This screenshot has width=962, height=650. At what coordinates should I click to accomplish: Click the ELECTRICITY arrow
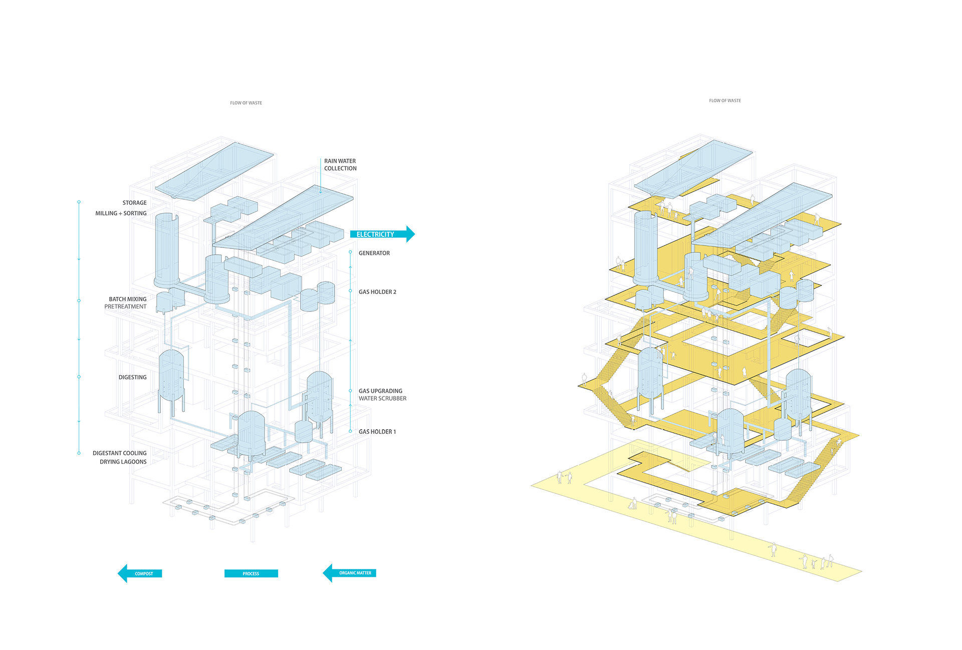381,234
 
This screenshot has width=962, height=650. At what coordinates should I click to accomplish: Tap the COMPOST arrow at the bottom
141,573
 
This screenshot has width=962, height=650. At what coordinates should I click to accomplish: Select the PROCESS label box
251,573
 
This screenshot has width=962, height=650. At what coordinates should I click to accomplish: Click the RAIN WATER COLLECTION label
340,165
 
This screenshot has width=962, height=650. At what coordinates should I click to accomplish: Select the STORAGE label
134,203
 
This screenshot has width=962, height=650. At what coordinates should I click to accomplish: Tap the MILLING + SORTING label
121,213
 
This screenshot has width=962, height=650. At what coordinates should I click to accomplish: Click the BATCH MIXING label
128,299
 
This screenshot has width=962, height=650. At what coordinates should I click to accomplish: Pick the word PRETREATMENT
125,306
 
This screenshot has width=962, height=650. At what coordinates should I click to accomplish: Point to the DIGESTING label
132,377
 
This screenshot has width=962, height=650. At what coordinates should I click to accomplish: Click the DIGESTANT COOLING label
119,453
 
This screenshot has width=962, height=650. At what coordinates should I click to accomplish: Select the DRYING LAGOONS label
123,462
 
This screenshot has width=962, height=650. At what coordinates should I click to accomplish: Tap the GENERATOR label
374,253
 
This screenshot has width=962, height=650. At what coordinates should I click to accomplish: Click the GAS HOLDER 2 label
377,292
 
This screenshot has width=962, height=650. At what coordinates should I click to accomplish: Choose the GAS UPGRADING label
380,391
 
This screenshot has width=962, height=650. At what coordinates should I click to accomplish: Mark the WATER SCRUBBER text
382,399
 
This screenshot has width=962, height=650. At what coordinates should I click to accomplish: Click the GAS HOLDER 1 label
377,432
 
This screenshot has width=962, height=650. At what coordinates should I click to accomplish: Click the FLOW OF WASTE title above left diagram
246,103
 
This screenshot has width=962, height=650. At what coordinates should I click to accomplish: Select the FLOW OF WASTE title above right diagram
725,101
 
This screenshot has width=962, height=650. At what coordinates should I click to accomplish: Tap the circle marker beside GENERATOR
350,252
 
